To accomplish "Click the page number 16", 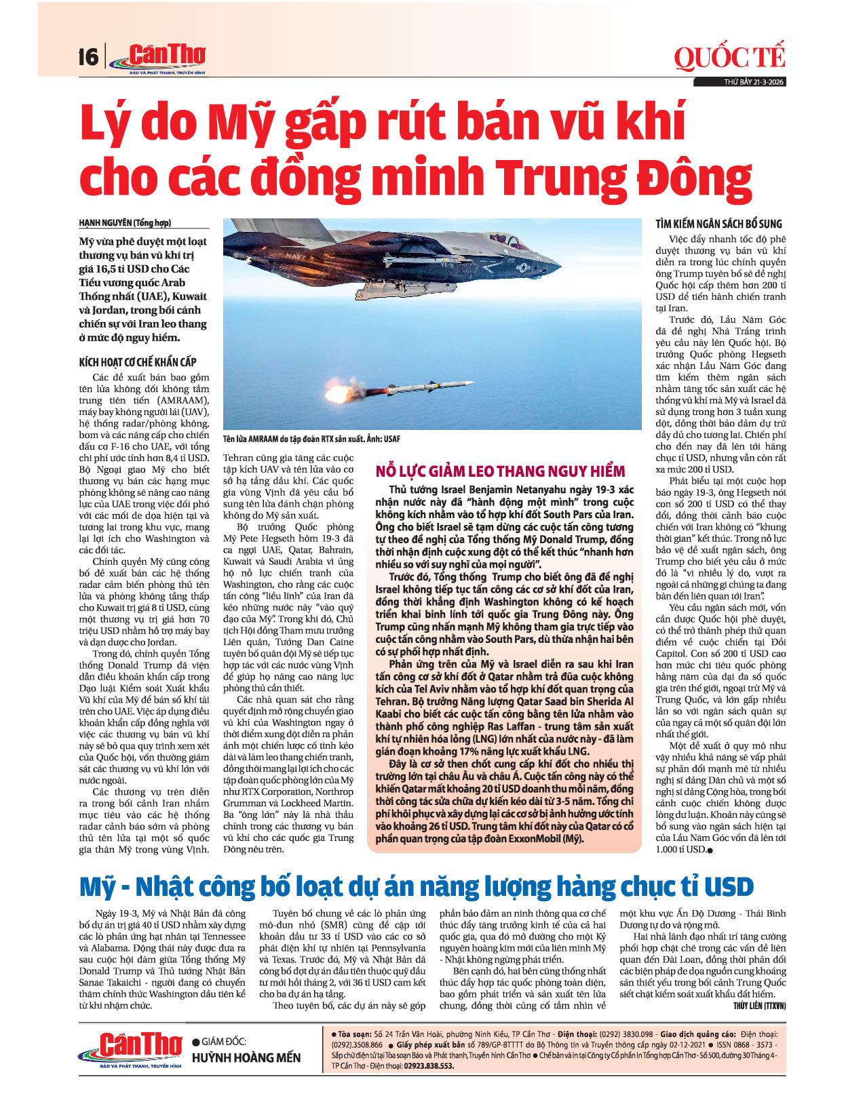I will click(88, 57).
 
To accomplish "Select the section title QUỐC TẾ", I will click(729, 58).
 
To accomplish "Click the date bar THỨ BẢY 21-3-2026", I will click(753, 82).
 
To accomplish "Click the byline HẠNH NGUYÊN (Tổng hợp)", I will click(125, 223).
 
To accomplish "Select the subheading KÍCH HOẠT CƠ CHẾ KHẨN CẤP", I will click(138, 362).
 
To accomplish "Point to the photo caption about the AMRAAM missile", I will click(311, 439).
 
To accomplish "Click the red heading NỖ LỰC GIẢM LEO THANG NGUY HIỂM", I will click(500, 471).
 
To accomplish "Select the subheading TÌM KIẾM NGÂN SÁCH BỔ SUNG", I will click(718, 224).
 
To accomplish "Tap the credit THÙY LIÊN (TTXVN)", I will click(759, 1006).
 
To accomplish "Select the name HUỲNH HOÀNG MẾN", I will click(246, 1058).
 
